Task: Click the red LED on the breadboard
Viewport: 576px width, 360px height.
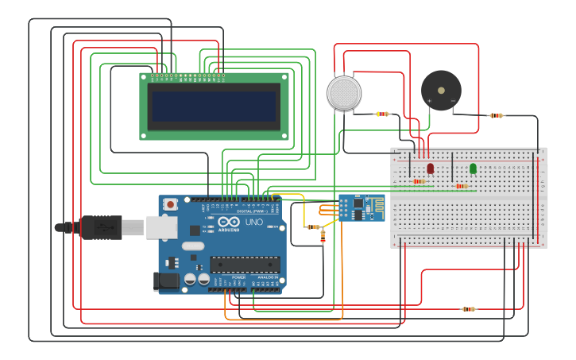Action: point(430,168)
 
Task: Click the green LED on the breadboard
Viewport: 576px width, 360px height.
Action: point(473,168)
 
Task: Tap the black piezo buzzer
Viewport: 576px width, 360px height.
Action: point(441,90)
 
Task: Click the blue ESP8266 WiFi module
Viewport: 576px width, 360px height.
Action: point(361,208)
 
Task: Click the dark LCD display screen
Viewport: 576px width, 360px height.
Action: point(214,106)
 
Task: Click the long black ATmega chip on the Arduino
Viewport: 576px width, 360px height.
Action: point(245,264)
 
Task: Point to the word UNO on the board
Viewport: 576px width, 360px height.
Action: point(253,222)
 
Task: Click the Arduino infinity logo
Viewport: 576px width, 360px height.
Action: point(228,223)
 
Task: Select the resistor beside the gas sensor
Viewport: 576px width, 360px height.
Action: point(382,114)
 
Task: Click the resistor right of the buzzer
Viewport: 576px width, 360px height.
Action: point(496,115)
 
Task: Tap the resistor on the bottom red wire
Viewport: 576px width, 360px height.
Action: point(469,309)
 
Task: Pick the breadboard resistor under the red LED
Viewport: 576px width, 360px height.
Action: point(419,181)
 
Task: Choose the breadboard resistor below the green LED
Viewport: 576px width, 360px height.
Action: point(461,187)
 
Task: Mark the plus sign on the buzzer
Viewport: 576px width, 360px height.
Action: point(430,101)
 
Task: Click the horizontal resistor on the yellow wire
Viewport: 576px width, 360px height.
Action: point(314,226)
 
